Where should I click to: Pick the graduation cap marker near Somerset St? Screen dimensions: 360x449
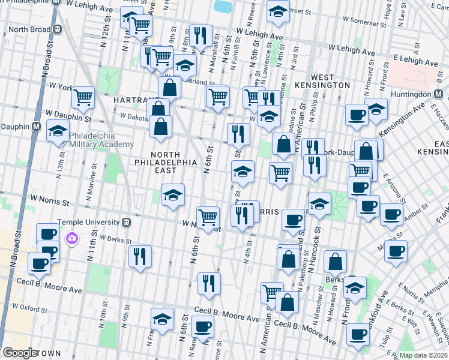pyautogui.click(x=277, y=11)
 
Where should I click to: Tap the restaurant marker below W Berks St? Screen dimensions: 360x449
pyautogui.click(x=139, y=256)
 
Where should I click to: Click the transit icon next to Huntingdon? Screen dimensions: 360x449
pyautogui.click(x=439, y=94)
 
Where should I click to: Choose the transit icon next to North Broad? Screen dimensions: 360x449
pyautogui.click(x=58, y=29)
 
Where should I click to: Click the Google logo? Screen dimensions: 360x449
pyautogui.click(x=19, y=353)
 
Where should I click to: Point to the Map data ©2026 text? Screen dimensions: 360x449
pyautogui.click(x=423, y=355)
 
